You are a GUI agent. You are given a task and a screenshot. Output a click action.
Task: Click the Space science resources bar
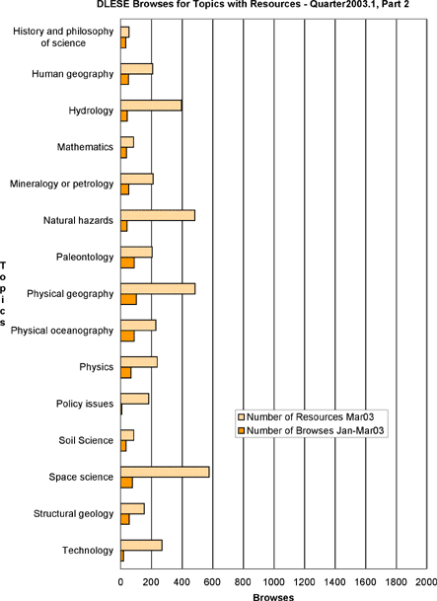(x=165, y=472)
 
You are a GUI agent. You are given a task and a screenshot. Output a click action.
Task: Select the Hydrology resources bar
(x=151, y=106)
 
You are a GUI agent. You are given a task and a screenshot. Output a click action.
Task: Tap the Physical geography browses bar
(x=128, y=300)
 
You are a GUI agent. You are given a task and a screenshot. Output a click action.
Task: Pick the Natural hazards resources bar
(x=158, y=216)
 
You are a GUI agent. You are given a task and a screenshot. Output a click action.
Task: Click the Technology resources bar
(x=141, y=546)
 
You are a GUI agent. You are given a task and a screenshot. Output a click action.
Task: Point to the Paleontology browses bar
(x=127, y=263)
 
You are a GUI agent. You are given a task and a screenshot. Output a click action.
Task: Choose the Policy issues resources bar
(x=135, y=399)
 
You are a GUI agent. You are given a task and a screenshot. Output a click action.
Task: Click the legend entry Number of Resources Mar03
(x=306, y=416)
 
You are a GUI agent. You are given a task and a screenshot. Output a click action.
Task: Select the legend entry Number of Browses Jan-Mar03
(x=311, y=431)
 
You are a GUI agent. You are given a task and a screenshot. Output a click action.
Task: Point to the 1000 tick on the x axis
(x=274, y=569)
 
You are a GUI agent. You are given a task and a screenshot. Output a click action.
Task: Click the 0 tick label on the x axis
(x=120, y=582)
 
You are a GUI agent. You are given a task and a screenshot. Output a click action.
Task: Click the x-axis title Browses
(x=273, y=597)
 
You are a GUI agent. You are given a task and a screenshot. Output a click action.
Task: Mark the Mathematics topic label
(x=85, y=147)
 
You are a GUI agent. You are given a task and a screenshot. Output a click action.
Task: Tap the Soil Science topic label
(x=86, y=440)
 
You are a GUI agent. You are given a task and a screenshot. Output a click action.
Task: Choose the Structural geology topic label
(x=73, y=513)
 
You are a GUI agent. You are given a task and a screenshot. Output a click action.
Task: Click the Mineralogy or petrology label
(x=62, y=184)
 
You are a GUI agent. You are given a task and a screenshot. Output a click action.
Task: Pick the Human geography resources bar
(x=137, y=69)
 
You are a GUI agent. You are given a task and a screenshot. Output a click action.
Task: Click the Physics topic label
(x=97, y=367)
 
